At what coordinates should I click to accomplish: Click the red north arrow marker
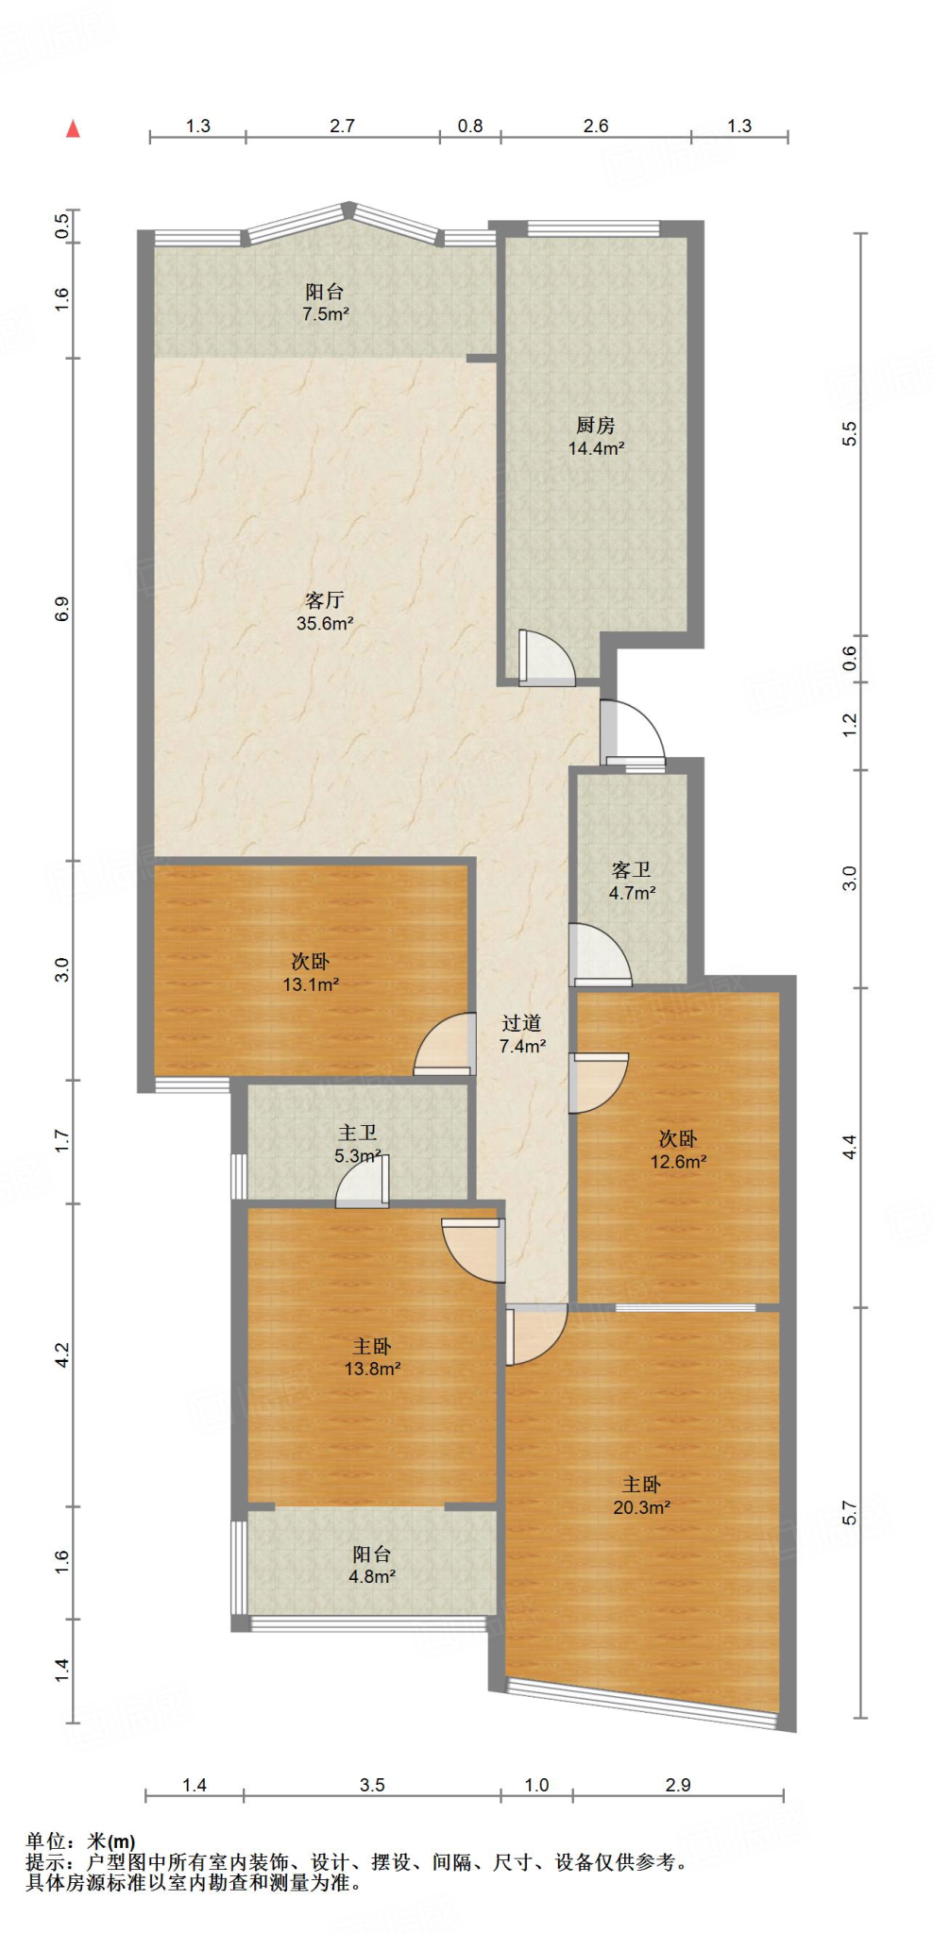[x=73, y=129]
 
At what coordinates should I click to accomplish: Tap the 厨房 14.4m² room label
[x=596, y=437]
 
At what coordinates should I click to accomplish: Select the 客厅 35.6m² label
[x=325, y=612]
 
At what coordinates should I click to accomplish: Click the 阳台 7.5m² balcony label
[x=325, y=303]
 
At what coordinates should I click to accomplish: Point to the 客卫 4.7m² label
[x=632, y=881]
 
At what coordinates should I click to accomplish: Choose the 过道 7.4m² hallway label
[x=522, y=1034]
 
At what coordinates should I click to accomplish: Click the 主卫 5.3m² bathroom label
[x=358, y=1144]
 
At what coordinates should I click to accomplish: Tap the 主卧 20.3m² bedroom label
[x=641, y=1496]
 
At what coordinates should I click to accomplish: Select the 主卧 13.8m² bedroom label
[x=372, y=1357]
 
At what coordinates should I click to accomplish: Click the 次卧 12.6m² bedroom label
[x=678, y=1150]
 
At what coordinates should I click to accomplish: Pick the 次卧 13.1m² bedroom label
[x=311, y=972]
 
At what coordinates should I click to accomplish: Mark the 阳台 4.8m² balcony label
[x=372, y=1565]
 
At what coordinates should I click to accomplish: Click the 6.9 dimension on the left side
[x=62, y=609]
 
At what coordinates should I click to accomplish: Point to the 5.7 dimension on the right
[x=849, y=1512]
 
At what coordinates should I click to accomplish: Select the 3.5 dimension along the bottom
[x=372, y=1785]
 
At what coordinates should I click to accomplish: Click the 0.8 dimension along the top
[x=469, y=126]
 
